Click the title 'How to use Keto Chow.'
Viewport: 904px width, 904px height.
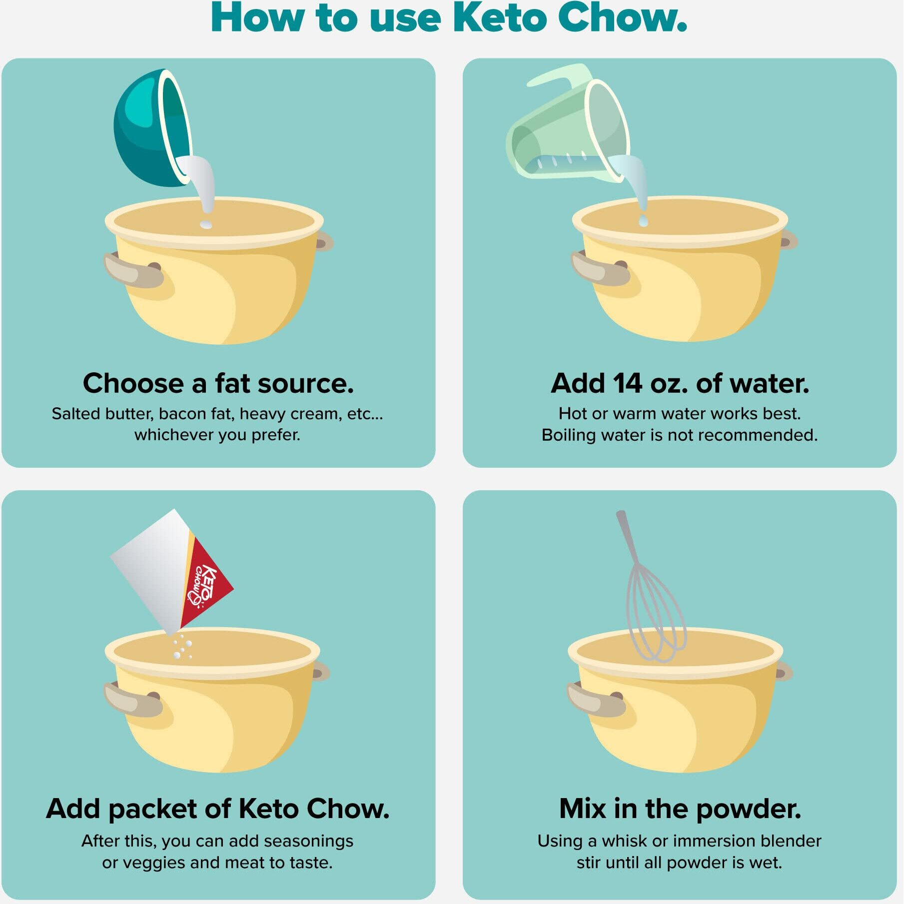(449, 18)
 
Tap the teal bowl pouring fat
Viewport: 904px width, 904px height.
(152, 128)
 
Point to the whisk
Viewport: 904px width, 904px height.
(650, 587)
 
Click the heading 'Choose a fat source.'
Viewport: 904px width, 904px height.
(218, 383)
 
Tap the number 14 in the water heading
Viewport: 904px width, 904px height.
(627, 383)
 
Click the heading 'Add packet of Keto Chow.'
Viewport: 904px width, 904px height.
(218, 809)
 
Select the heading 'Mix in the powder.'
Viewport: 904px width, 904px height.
(680, 809)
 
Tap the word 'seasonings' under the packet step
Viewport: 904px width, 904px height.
(308, 841)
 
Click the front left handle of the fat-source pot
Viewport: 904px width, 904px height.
(133, 270)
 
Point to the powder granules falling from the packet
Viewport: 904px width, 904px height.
(182, 647)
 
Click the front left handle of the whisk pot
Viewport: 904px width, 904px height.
(596, 700)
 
